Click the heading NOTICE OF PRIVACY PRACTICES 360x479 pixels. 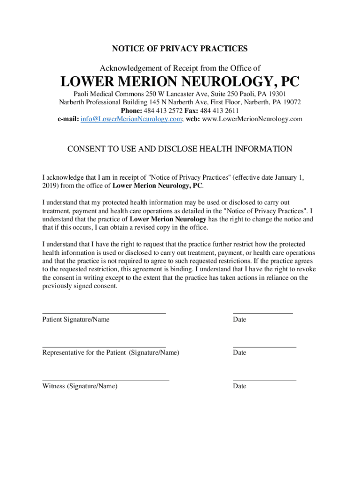[180, 49]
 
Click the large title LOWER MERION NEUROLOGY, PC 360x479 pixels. [180, 82]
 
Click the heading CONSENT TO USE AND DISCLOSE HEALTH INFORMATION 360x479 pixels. [180, 149]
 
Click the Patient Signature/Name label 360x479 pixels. [76, 319]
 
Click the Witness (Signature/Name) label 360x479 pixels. [80, 386]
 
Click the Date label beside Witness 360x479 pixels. [239, 386]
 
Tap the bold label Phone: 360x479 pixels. [132, 110]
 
